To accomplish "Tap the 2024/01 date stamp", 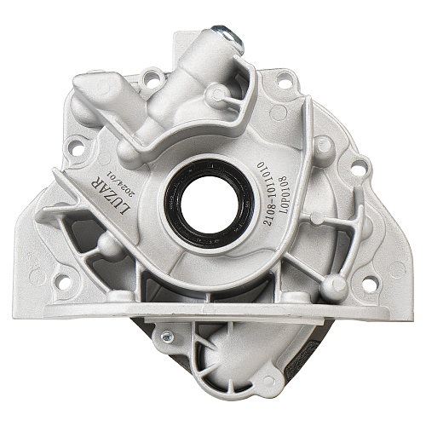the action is pos(121,183).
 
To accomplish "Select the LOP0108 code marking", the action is pos(283,195).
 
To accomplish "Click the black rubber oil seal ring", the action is pos(210,204).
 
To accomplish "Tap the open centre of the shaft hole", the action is pos(210,204).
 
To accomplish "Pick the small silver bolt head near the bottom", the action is pos(167,337).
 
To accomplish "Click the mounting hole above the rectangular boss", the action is pos(152,77).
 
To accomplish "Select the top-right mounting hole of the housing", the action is pos(285,80).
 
